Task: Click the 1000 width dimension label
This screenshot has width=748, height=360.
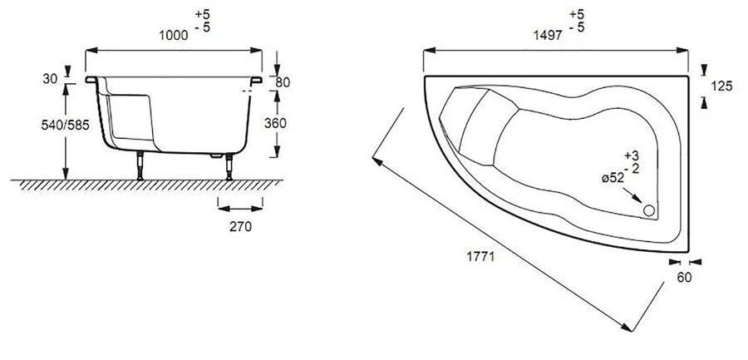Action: pos(173,35)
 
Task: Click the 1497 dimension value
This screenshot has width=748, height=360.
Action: pos(548,35)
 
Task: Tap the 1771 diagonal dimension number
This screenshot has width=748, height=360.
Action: pos(480,256)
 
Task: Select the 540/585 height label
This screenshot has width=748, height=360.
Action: pos(66,125)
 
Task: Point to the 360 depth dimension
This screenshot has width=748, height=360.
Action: pos(275,123)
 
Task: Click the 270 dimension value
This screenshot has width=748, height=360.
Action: pos(240,227)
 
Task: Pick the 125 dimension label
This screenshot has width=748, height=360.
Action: pos(721,86)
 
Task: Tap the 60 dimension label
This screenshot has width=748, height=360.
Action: pos(684,277)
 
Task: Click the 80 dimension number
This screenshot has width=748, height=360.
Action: pos(283,82)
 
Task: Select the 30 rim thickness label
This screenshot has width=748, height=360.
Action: pos(50,79)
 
